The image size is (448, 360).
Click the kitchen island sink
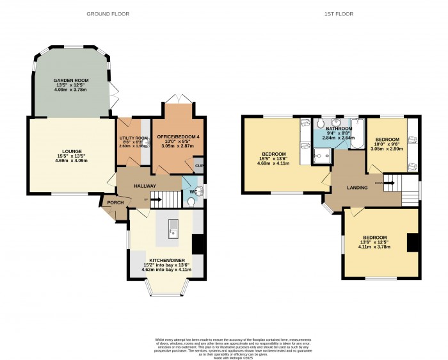coord(173,226)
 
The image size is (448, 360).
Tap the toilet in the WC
coord(193,201)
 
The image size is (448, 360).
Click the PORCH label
coord(115,203)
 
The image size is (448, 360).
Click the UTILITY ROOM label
coord(134,138)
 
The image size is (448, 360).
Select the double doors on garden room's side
coord(113,96)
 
